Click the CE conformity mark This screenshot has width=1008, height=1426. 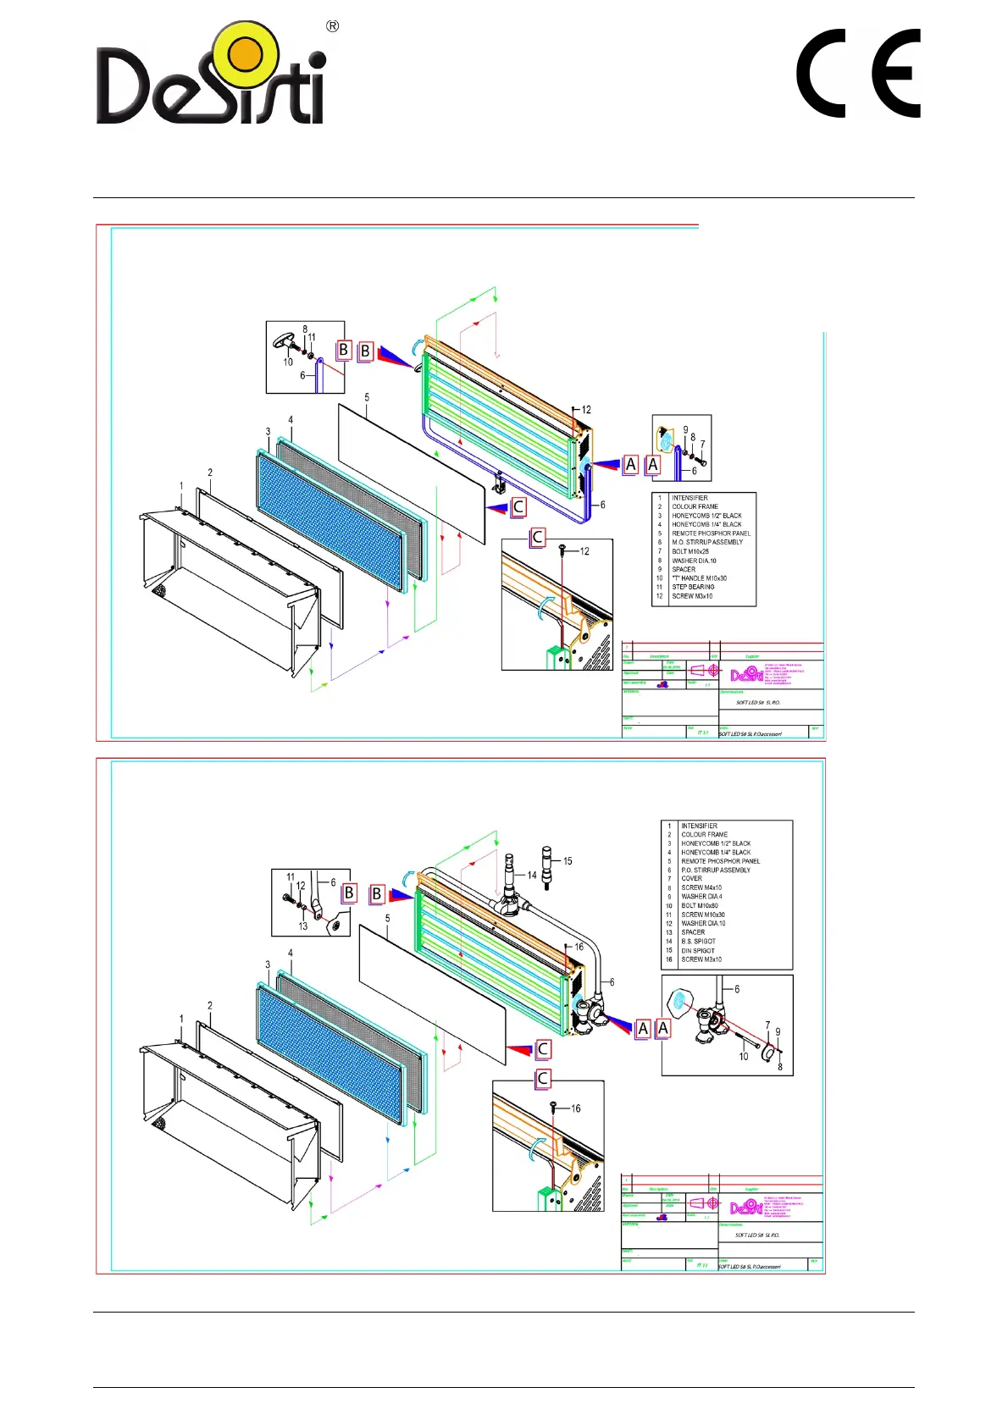pyautogui.click(x=858, y=74)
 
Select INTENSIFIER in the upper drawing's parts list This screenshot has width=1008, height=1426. pyautogui.click(x=690, y=498)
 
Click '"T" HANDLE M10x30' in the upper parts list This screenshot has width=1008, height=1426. pyautogui.click(x=699, y=578)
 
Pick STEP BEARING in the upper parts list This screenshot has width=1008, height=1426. pyautogui.click(x=693, y=587)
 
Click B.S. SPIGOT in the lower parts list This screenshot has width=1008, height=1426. pyautogui.click(x=698, y=941)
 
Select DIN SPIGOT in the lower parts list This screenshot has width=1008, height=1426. pyautogui.click(x=698, y=950)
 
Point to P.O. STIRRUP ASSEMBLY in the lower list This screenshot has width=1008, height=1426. pyautogui.click(x=716, y=870)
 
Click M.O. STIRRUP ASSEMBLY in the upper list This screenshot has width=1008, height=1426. pyautogui.click(x=707, y=542)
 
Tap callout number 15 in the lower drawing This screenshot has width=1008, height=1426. pyautogui.click(x=568, y=861)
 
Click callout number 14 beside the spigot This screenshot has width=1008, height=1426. pyautogui.click(x=532, y=875)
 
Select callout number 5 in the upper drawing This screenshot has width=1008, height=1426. pyautogui.click(x=367, y=397)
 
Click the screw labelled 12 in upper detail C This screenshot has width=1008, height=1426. pyautogui.click(x=562, y=549)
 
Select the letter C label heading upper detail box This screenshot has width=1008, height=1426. pyautogui.click(x=537, y=537)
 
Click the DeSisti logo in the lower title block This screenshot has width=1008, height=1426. pyautogui.click(x=746, y=1207)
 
